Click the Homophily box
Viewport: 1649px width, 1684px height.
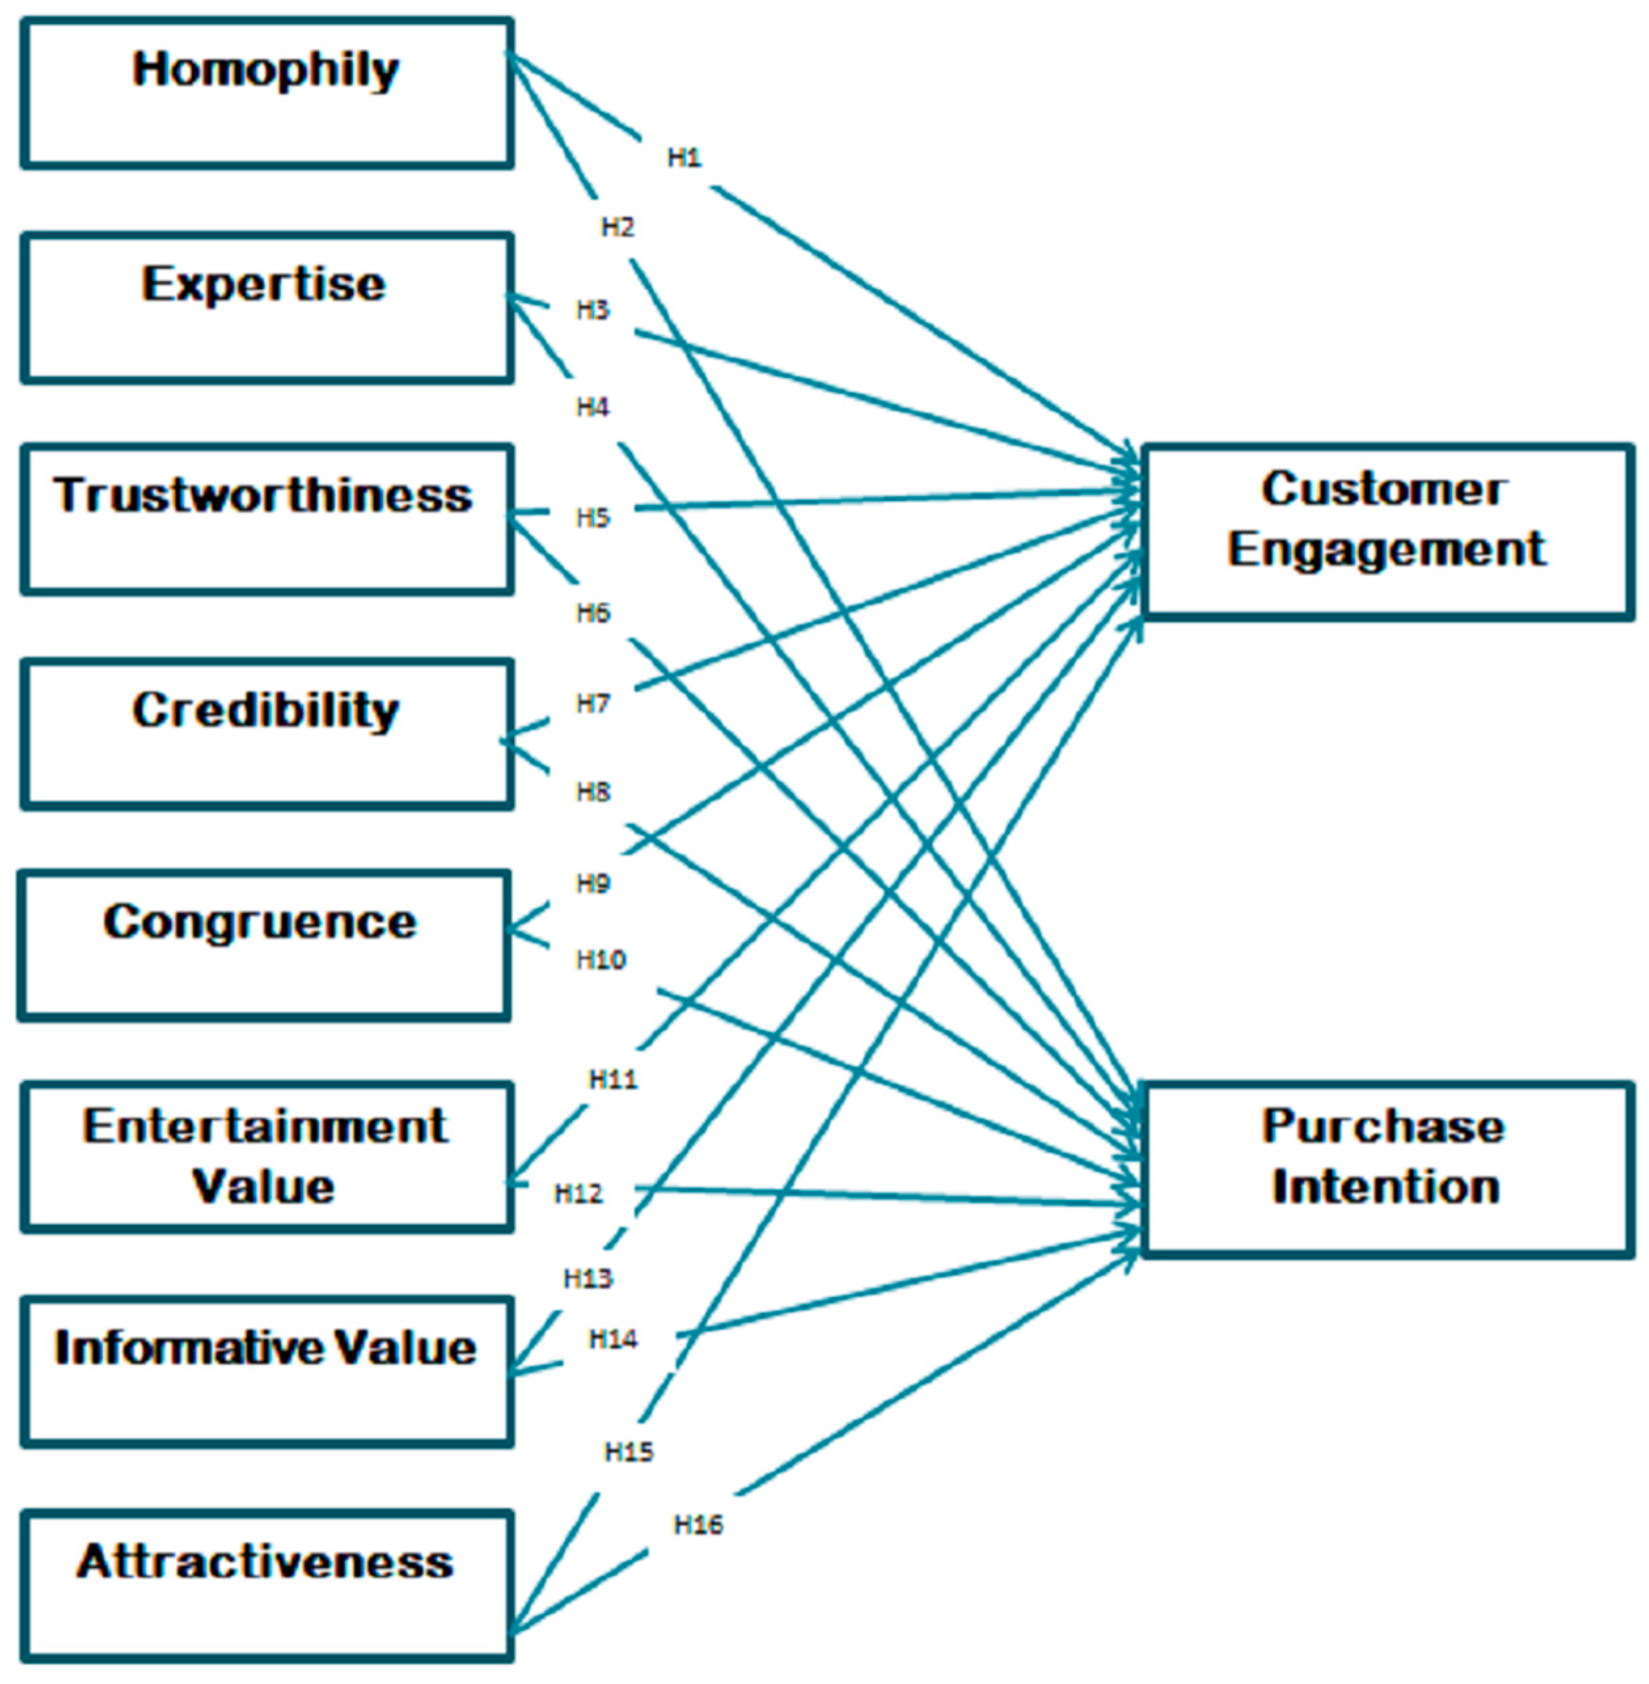[x=267, y=94]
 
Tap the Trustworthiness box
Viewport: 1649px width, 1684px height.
[x=267, y=520]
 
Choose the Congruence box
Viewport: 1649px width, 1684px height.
[x=263, y=946]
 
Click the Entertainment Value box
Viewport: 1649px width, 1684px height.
[x=267, y=1157]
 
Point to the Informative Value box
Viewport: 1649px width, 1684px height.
[x=267, y=1372]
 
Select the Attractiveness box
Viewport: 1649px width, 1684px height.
[x=267, y=1585]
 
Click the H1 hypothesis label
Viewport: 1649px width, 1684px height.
[x=684, y=158]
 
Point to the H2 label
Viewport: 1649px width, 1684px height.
[x=618, y=228]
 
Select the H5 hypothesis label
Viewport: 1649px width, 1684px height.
[x=593, y=518]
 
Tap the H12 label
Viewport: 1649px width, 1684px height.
[x=578, y=1193]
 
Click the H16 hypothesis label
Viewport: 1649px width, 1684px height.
[x=698, y=1525]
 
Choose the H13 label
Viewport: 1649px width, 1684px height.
[x=588, y=1279]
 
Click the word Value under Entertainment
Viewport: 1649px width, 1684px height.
[x=263, y=1187]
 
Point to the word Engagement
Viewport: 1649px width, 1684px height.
[x=1386, y=549]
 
